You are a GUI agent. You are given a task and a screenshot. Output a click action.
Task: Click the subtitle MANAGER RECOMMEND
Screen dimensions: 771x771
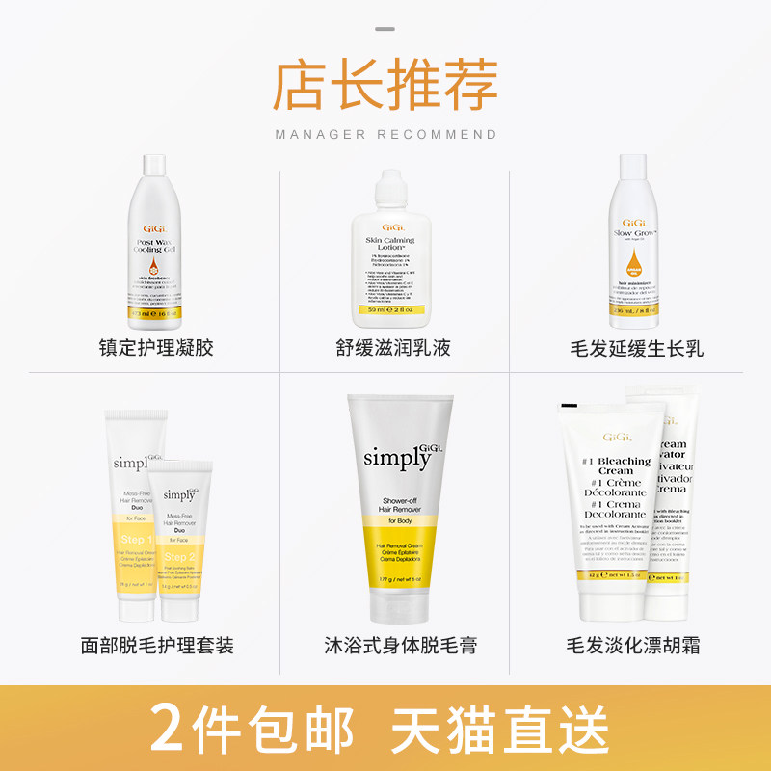tap(385, 135)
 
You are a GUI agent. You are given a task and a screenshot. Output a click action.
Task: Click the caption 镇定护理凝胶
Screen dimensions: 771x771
tap(156, 348)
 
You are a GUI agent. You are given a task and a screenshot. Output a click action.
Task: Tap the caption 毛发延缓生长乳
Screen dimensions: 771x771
tap(636, 348)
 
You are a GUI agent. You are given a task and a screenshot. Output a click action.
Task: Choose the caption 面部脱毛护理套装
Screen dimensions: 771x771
tap(156, 645)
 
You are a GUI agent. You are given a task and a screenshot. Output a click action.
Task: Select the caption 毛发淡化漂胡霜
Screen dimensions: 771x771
tap(636, 645)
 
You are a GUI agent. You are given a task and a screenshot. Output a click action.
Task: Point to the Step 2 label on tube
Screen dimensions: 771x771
tap(181, 558)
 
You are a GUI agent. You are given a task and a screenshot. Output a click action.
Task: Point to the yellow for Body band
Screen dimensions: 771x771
tap(399, 522)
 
